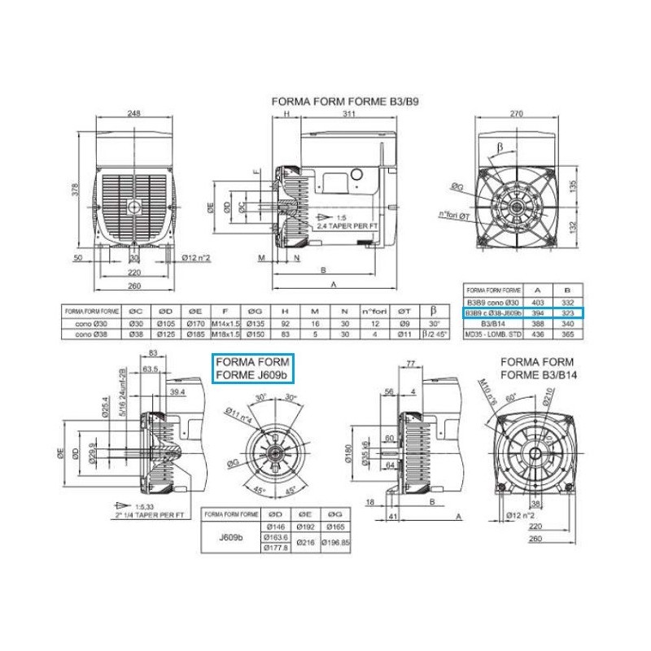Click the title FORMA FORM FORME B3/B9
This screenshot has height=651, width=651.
tap(349, 103)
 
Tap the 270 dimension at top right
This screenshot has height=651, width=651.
tap(518, 115)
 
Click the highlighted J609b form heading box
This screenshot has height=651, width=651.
tap(252, 367)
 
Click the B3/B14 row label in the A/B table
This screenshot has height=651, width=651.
tap(491, 323)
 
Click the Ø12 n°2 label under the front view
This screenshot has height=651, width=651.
tap(196, 258)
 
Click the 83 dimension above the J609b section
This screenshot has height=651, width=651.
tap(154, 352)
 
